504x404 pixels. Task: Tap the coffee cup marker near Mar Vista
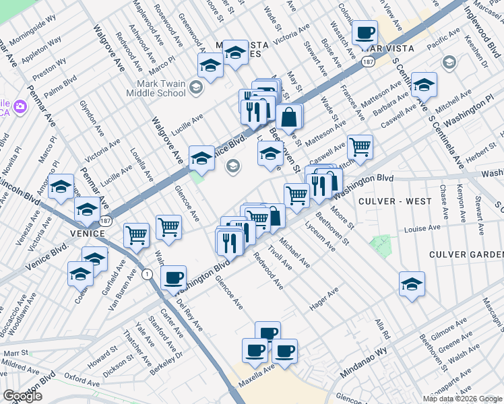pyautogui.click(x=365, y=32)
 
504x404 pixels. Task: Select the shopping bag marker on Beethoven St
pyautogui.click(x=289, y=117)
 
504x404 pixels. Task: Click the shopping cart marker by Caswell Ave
pyautogui.click(x=360, y=146)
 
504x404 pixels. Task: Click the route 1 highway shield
pyautogui.click(x=146, y=273)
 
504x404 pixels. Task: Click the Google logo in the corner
pyautogui.click(x=22, y=396)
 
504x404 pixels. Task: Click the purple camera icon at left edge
pyautogui.click(x=18, y=107)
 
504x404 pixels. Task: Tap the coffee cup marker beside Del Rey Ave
pyautogui.click(x=173, y=277)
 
